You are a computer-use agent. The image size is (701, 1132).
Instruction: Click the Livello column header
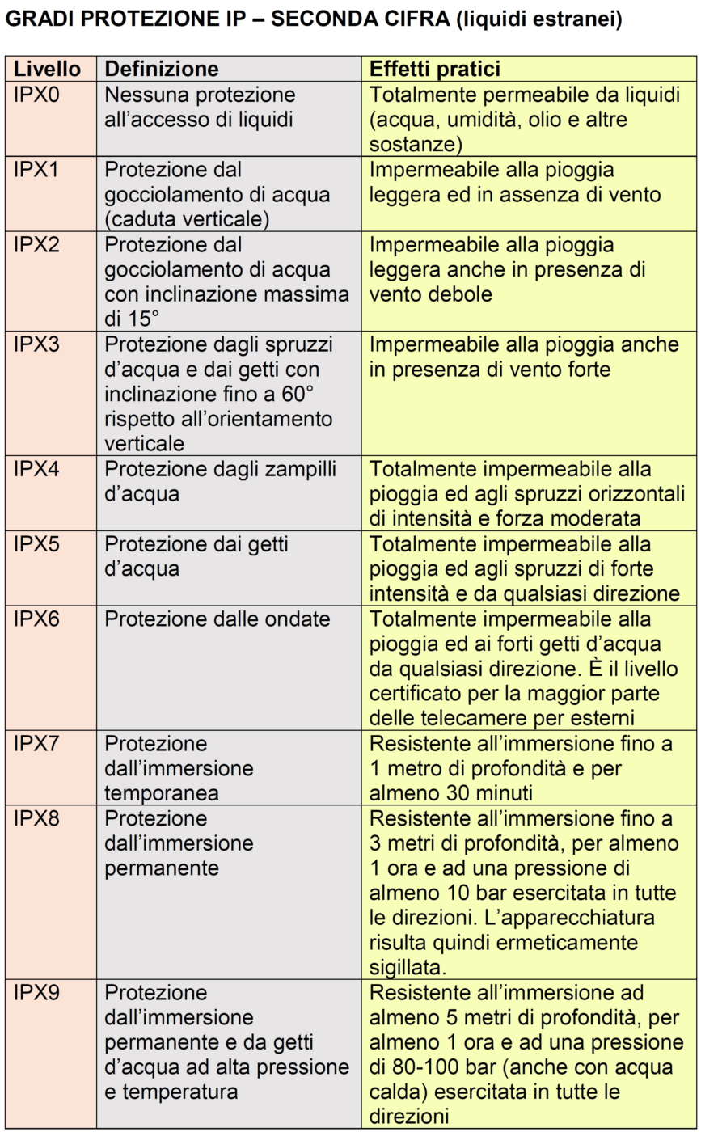pos(47,69)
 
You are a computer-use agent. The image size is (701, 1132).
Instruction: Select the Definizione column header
pos(162,69)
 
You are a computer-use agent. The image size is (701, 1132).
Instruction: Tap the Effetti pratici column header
pos(435,69)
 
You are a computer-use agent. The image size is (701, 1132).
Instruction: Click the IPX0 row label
pos(37,95)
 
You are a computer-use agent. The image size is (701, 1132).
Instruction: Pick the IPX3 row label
pos(37,344)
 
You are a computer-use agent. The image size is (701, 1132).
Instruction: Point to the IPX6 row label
pos(37,619)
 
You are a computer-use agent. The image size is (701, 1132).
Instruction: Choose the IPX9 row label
pos(37,993)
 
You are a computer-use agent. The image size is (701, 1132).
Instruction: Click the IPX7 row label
pos(37,744)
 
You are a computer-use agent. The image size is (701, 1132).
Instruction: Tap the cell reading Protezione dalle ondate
pos(218,619)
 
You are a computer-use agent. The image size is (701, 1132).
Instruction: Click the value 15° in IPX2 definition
pos(145,319)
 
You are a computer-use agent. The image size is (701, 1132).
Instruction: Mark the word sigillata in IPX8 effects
pos(408,967)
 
